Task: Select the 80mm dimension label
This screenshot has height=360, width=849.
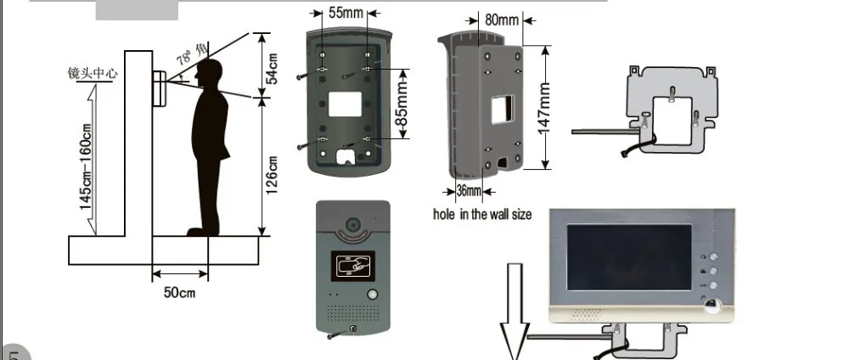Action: click(501, 18)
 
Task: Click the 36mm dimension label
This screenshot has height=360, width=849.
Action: click(469, 190)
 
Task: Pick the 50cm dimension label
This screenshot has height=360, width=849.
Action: click(179, 293)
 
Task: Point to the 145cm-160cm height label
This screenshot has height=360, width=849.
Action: click(86, 166)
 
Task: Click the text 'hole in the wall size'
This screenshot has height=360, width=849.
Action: click(482, 215)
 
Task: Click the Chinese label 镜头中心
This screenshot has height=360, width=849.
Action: click(93, 74)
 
